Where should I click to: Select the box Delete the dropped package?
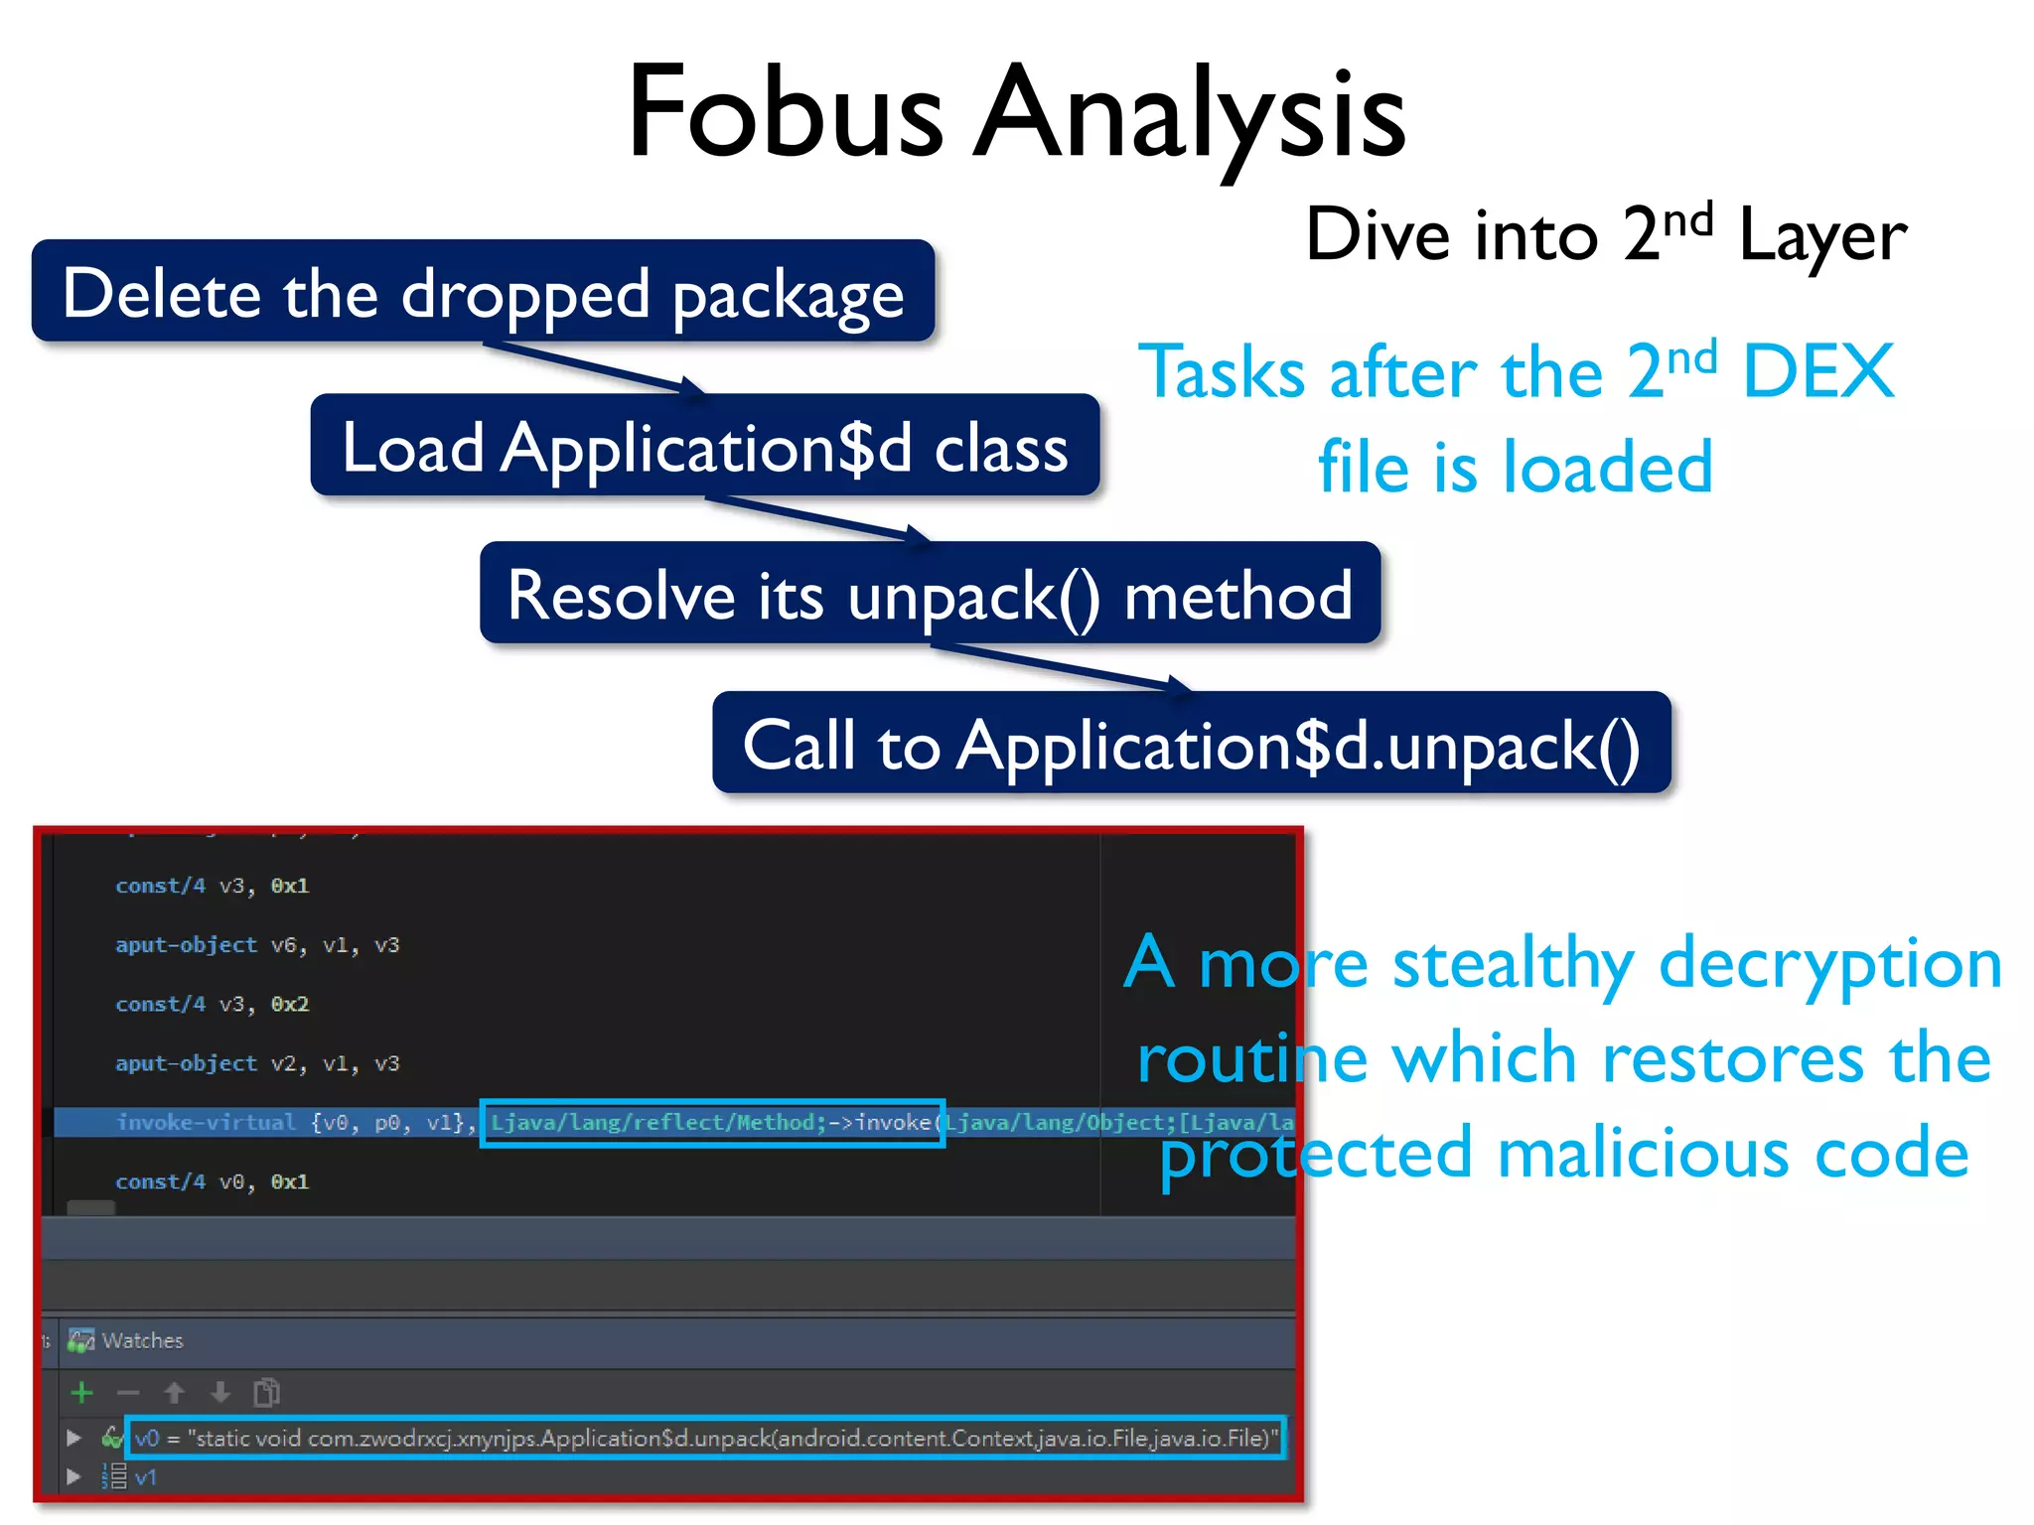point(483,292)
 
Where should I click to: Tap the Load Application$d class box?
point(704,446)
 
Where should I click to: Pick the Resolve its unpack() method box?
point(930,594)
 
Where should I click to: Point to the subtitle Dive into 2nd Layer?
point(1605,235)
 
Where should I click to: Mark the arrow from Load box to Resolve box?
point(819,518)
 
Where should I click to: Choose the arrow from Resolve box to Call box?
point(1063,667)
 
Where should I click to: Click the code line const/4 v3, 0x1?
point(212,886)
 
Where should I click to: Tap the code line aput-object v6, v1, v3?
point(257,945)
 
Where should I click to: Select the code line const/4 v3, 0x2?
point(212,1004)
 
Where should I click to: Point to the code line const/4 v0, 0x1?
point(212,1181)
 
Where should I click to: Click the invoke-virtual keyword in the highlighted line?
point(206,1122)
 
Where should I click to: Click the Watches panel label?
point(142,1340)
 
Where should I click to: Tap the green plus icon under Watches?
point(82,1393)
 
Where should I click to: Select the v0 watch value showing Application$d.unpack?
point(706,1438)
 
